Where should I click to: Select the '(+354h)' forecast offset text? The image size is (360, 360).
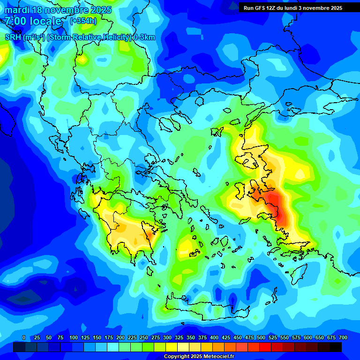point(83,21)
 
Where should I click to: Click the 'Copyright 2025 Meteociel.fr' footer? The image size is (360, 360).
point(199,357)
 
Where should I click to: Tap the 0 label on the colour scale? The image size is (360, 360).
point(24,337)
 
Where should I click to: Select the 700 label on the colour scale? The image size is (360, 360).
point(343,337)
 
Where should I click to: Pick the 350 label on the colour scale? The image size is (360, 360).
point(191,337)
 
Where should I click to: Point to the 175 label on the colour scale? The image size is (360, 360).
point(109,337)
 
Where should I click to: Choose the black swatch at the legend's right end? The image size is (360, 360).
point(336,347)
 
